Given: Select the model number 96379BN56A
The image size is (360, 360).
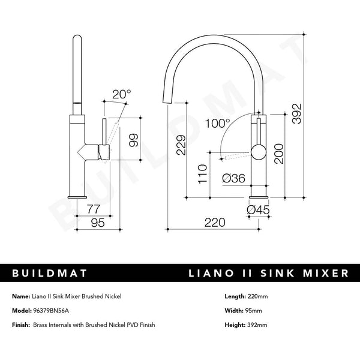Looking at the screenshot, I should point(50,311).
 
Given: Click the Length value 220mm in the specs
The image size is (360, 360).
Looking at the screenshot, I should point(257,297).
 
